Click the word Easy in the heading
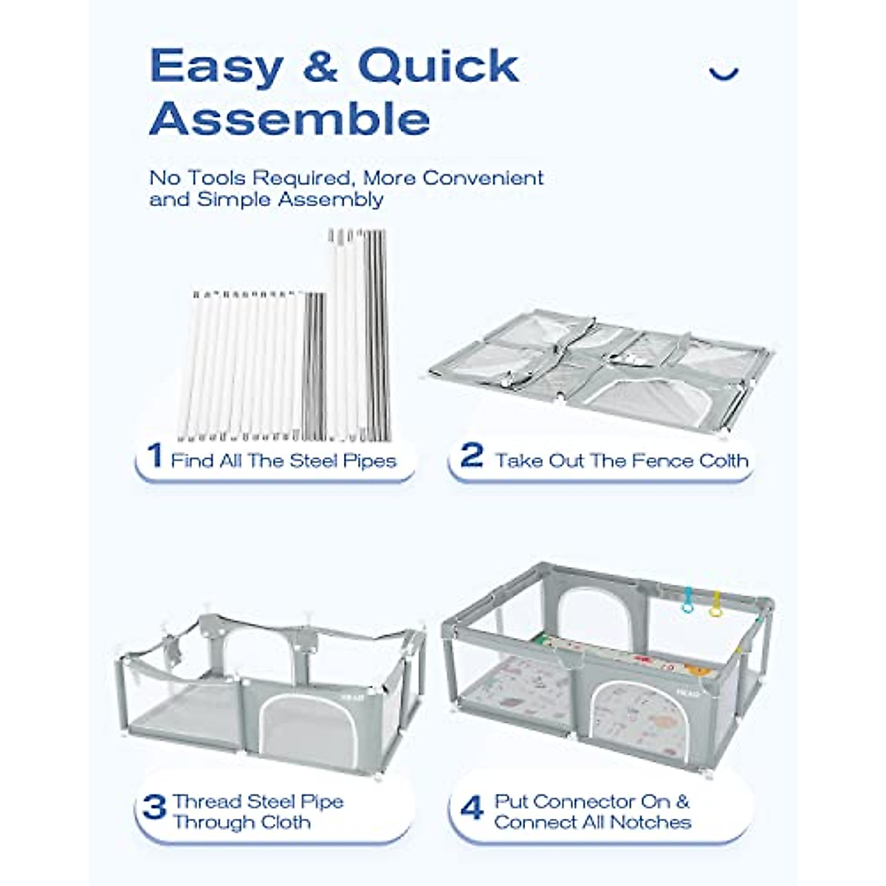[215, 66]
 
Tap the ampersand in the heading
[319, 66]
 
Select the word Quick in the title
[439, 66]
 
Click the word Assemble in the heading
[289, 118]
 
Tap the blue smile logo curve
[724, 73]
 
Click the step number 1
[154, 455]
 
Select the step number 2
[471, 455]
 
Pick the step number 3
[154, 807]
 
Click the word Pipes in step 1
[370, 461]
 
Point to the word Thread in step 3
[207, 802]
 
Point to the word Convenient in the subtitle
[484, 178]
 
